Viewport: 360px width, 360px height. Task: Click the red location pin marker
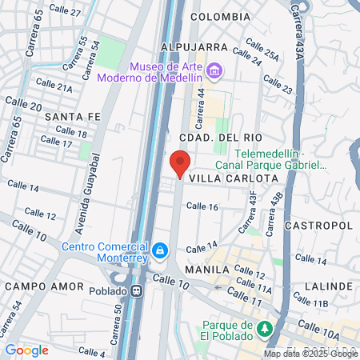179,163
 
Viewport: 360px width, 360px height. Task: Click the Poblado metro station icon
138,291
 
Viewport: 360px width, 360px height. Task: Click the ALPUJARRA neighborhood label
194,47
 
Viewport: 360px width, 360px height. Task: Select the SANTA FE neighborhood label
72,117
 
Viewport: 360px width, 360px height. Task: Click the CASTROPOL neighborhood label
324,226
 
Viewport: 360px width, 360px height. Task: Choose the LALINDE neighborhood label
329,286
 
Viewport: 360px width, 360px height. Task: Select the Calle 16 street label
202,206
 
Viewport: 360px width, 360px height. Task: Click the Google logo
26,350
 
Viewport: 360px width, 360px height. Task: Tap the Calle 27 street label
65,13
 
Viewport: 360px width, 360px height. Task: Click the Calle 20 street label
24,105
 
